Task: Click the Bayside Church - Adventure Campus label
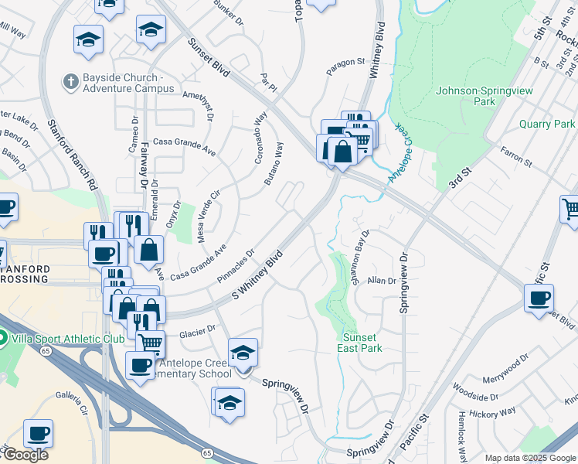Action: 128,83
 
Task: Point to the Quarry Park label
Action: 547,124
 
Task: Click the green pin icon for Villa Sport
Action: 3,338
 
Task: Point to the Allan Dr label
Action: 381,281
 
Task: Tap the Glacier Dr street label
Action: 197,331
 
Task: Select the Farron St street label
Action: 516,157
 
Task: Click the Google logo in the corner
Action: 25,455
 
